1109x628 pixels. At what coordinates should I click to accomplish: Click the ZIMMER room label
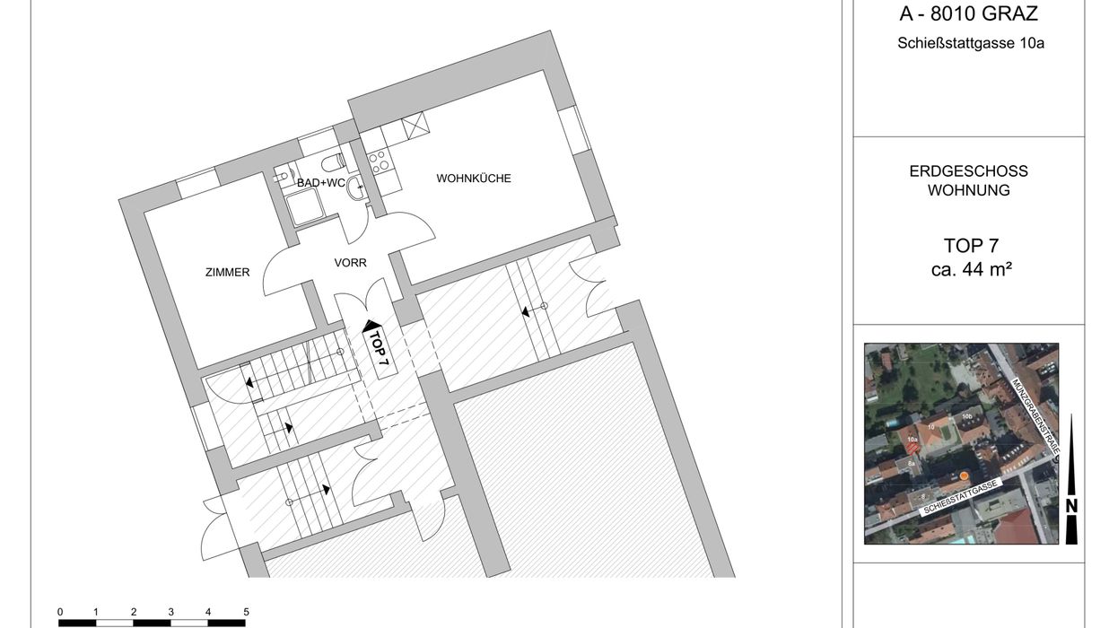[227, 272]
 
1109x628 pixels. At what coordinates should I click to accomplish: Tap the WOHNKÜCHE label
[474, 179]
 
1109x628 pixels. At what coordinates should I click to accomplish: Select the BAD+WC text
[321, 183]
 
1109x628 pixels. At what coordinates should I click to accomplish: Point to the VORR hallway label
[350, 263]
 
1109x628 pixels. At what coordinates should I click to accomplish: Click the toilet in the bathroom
[333, 162]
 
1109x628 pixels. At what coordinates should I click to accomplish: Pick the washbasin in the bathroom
[356, 188]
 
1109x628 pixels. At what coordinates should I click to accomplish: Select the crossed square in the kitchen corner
[415, 126]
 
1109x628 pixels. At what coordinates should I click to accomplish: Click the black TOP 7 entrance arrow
[371, 327]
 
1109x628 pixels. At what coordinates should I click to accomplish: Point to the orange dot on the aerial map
[964, 476]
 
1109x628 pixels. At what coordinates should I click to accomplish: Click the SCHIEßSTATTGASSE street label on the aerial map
[960, 497]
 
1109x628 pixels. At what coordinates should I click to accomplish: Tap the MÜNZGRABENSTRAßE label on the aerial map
[1035, 416]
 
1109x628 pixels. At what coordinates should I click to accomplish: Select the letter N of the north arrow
[1071, 506]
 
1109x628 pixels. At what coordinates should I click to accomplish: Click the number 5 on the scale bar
[246, 612]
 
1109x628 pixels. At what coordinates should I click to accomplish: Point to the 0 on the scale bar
[60, 612]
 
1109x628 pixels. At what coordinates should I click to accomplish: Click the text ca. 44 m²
[971, 270]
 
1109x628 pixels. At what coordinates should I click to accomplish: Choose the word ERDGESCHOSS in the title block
[968, 171]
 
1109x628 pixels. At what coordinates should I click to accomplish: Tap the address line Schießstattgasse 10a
[971, 43]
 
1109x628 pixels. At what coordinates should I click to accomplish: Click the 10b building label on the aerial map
[967, 416]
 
